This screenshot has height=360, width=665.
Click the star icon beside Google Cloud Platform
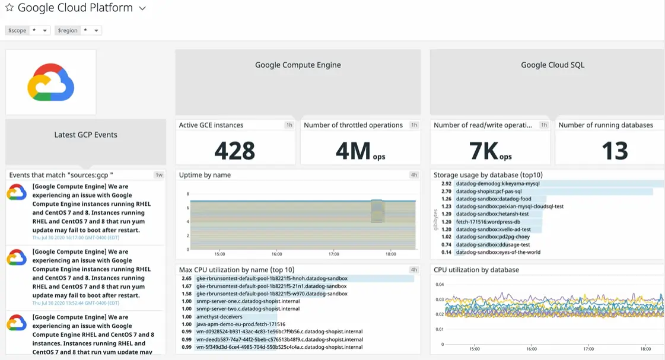(x=9, y=8)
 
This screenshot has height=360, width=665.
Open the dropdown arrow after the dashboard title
(x=142, y=8)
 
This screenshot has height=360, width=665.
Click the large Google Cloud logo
(x=50, y=82)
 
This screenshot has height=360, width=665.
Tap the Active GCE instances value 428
(x=235, y=151)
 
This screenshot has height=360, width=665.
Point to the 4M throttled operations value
(x=354, y=151)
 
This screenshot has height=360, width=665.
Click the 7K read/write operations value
(x=483, y=151)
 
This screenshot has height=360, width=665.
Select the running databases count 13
(x=615, y=151)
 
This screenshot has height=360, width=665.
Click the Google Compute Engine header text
(x=298, y=65)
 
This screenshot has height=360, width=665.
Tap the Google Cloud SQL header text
(x=552, y=65)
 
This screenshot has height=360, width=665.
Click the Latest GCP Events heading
(x=85, y=135)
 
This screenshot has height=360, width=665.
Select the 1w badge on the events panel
(x=159, y=175)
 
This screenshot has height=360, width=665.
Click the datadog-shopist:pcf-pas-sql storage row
(x=489, y=192)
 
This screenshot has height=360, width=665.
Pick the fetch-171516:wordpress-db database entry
(x=488, y=222)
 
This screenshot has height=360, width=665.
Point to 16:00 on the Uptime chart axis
(x=276, y=254)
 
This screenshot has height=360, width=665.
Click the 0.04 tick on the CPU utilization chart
(x=440, y=285)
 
